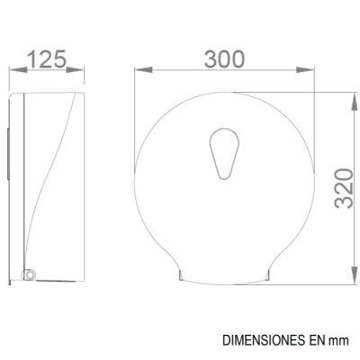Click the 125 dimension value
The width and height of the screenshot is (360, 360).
tap(47, 59)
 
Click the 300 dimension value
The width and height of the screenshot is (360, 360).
tap(224, 59)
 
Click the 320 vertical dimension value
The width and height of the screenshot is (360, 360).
tap(344, 188)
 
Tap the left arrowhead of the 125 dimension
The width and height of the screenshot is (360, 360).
tap(18, 70)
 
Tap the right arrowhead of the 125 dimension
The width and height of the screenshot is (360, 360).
tap(75, 70)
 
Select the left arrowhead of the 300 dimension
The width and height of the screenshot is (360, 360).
tap(143, 70)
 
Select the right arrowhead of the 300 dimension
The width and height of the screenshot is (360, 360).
tap(305, 70)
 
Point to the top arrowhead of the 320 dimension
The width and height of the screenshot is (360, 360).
tap(355, 102)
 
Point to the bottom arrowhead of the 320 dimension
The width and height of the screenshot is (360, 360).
tap(355, 274)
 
